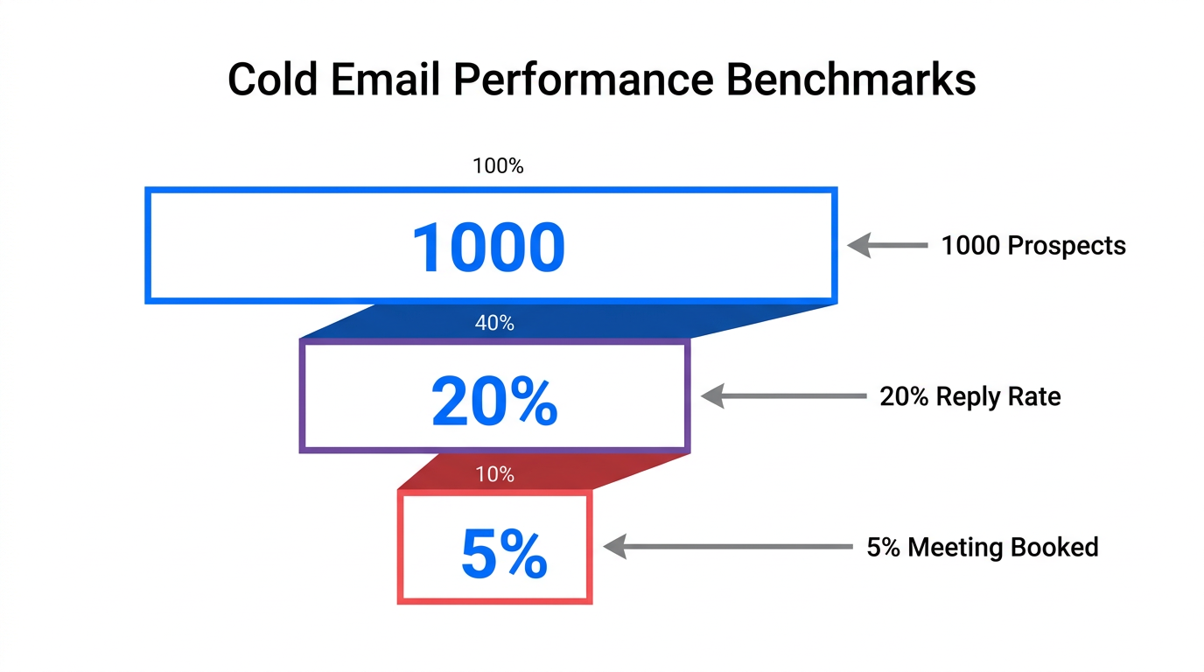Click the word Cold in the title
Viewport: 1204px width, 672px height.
(273, 80)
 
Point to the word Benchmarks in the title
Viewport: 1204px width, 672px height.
(851, 80)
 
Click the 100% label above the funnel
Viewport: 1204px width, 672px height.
(498, 166)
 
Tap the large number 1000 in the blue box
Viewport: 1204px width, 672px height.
(488, 248)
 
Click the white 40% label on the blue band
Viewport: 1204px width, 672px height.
(494, 324)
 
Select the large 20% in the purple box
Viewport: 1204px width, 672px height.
(494, 402)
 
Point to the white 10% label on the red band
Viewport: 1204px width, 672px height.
(494, 475)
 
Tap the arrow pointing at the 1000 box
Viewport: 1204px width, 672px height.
(887, 246)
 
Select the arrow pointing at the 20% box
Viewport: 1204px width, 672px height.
(783, 396)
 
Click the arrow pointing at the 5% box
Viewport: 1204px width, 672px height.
(727, 548)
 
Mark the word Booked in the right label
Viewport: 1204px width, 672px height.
(1054, 548)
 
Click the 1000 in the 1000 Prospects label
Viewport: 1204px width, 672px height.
(969, 246)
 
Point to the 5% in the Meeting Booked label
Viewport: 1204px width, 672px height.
(883, 548)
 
